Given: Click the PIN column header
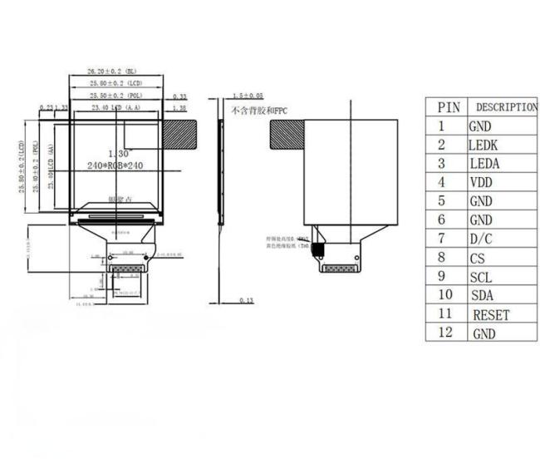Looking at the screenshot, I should [x=448, y=106].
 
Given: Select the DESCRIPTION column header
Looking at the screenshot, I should [x=506, y=106].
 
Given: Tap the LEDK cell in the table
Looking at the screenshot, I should [x=483, y=145].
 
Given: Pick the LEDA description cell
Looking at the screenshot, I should [x=484, y=164].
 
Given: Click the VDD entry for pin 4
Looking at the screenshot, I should [x=481, y=182].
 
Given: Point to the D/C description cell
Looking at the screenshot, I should [x=481, y=239].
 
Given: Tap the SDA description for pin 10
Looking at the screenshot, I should [x=482, y=295].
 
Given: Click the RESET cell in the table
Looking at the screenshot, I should [x=491, y=314].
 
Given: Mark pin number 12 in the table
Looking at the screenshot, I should [x=444, y=333].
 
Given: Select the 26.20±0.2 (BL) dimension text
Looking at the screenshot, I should [x=117, y=72].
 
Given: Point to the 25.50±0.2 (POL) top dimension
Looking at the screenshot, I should [x=117, y=96].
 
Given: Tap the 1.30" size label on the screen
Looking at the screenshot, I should [x=116, y=153].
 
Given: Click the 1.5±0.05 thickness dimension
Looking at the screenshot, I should [x=248, y=96].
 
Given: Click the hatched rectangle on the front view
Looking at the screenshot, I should [x=180, y=132].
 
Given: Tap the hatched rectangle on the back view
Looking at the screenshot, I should [x=287, y=133].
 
